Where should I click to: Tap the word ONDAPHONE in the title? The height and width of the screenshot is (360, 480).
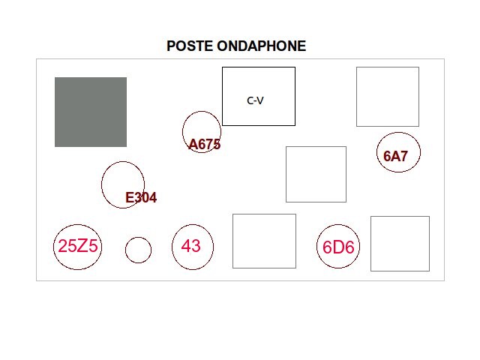(262, 46)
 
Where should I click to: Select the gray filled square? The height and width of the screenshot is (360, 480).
(91, 112)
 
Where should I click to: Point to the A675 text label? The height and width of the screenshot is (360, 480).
(205, 145)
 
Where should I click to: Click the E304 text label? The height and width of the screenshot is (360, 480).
(141, 198)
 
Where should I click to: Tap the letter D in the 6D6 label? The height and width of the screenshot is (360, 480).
(338, 247)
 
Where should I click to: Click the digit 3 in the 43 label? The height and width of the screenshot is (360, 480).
(196, 246)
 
